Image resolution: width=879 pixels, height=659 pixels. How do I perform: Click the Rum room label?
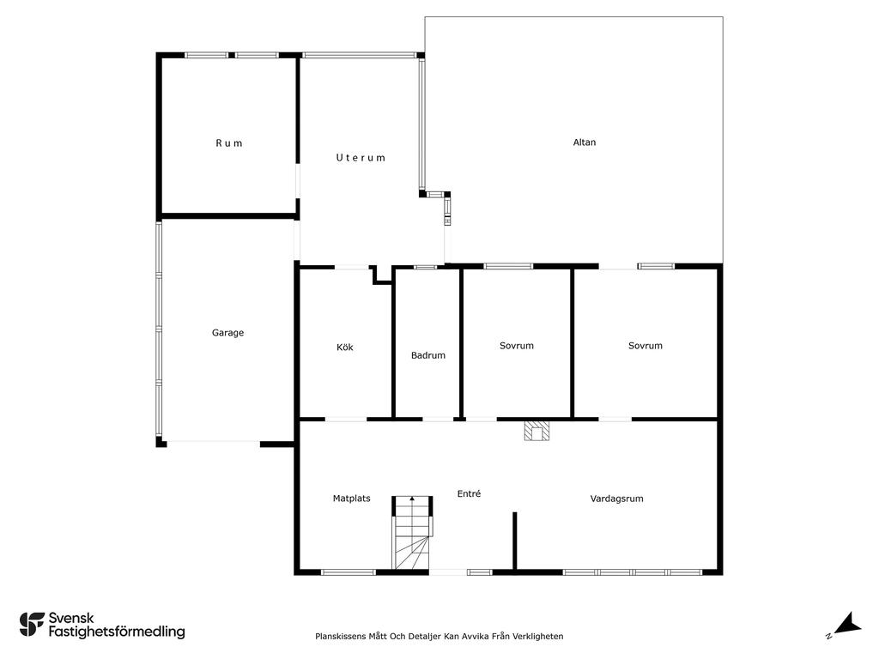coord(229,143)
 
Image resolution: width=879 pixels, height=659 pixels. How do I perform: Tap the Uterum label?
coord(361,158)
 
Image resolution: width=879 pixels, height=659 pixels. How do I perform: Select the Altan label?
coord(584,142)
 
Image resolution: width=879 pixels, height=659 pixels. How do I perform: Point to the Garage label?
coord(227,333)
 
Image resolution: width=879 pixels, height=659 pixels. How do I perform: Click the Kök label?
coord(345,348)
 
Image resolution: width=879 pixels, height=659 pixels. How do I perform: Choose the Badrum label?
coord(428,355)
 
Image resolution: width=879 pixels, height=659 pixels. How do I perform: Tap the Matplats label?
coord(351,499)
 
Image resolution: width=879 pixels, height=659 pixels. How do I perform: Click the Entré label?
coord(469,493)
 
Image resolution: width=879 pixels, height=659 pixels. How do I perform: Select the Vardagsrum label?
coord(616,499)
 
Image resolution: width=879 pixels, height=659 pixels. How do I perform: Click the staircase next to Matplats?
coord(412,532)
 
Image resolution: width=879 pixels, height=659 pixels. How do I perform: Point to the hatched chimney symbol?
coord(537,431)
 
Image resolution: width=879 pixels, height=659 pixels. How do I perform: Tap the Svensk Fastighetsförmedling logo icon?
coord(32,625)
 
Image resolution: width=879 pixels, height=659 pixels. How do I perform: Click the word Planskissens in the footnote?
coord(340,637)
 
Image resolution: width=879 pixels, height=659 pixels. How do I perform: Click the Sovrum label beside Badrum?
coord(516,346)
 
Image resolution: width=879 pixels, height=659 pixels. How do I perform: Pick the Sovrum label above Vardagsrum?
coord(646,346)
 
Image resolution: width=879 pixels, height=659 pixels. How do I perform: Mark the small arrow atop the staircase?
coord(412,499)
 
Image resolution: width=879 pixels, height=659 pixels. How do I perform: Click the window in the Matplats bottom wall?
coord(349,572)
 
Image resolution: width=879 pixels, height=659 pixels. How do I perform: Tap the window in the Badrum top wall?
coord(426,267)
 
